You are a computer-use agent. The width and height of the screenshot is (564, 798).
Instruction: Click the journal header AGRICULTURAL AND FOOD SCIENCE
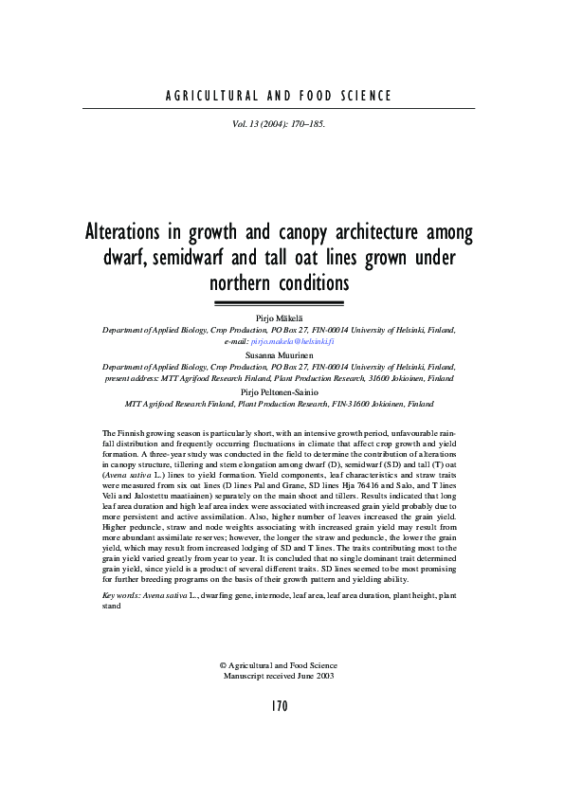(279, 96)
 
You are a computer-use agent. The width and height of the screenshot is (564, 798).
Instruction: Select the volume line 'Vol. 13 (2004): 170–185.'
(279, 123)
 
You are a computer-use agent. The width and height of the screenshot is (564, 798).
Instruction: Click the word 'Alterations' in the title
(130, 233)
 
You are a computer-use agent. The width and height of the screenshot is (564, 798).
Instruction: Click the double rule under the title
(279, 303)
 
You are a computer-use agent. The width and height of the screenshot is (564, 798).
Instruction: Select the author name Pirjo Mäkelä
(279, 319)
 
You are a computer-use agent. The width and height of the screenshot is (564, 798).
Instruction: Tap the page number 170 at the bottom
(279, 705)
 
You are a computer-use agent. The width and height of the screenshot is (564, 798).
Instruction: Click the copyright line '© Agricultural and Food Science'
(279, 665)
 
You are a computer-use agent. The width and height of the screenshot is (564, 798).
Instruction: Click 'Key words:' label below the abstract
(120, 595)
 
